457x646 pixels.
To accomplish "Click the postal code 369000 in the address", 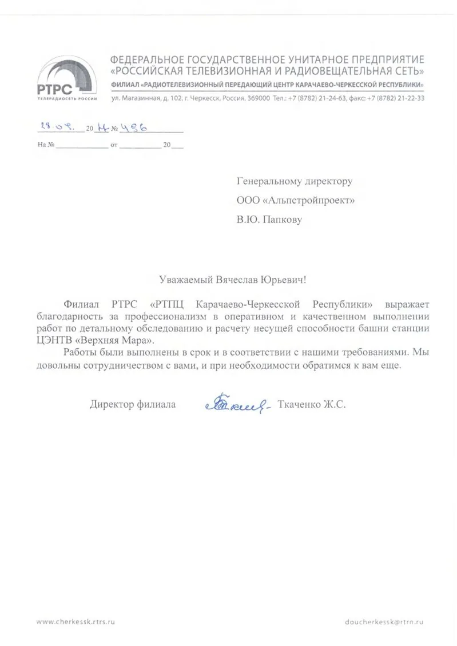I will (x=258, y=98).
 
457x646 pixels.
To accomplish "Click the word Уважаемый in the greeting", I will (x=186, y=280).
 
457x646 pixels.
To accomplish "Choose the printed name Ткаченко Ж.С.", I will (x=312, y=405).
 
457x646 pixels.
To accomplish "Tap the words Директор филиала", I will (x=133, y=405).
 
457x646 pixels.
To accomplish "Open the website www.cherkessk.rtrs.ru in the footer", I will (x=80, y=621).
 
